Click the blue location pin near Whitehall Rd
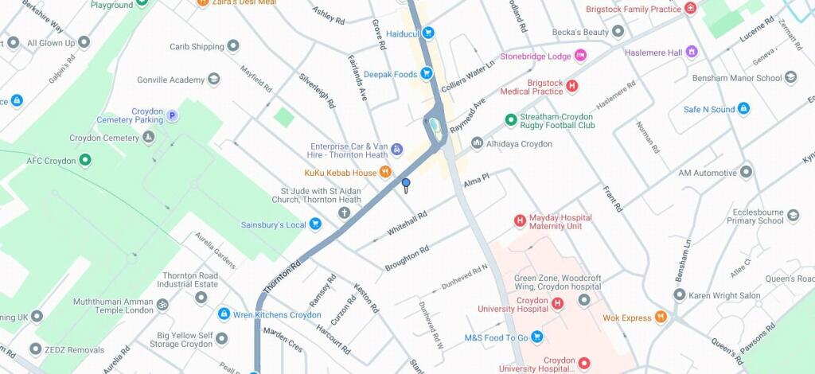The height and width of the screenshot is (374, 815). (x=406, y=185)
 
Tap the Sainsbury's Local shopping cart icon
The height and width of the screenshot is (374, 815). (x=315, y=225)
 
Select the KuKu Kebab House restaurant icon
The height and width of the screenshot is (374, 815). (x=385, y=172)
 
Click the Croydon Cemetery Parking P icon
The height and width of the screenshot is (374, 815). (x=172, y=116)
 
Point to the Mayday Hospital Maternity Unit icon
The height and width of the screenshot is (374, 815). (x=520, y=221)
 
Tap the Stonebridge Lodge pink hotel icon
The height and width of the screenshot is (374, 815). (x=580, y=56)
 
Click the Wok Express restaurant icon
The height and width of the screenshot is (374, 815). (x=660, y=318)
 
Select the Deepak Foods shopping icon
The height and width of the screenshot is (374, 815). (x=427, y=74)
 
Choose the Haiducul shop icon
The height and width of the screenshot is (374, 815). (x=428, y=33)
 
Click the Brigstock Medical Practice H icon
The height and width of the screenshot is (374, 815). (x=571, y=86)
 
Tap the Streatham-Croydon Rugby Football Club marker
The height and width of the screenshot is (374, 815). (x=511, y=121)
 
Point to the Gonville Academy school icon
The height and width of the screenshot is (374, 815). (x=213, y=80)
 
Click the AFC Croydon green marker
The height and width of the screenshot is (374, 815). (x=85, y=161)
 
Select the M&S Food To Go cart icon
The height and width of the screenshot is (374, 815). (x=537, y=337)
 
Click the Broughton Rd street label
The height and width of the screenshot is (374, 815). (x=407, y=258)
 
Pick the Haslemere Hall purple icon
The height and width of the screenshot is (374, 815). (x=691, y=53)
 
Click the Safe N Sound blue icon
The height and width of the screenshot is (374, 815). (x=743, y=109)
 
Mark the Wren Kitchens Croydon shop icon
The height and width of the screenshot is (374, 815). (x=224, y=314)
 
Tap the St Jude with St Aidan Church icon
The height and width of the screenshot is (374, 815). (x=345, y=212)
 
